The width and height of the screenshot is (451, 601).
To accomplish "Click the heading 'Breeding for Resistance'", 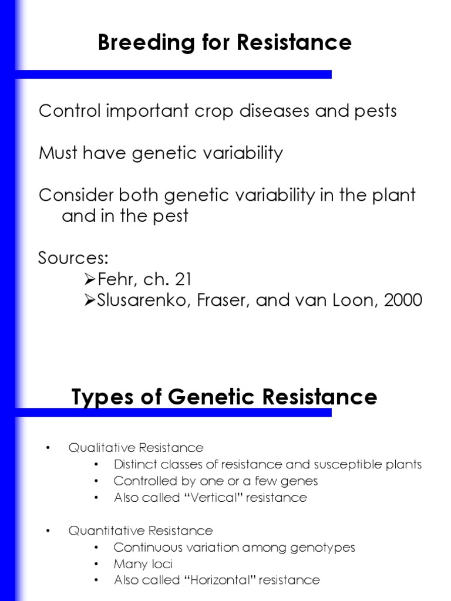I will pos(225,43).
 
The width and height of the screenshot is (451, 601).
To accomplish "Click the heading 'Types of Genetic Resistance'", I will pos(224,397).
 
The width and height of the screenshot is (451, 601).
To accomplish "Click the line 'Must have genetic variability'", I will pos(160,153).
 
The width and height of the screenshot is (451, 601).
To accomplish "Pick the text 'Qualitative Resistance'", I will pos(136,448).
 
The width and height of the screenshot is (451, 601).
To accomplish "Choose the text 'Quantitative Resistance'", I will pos(140,531).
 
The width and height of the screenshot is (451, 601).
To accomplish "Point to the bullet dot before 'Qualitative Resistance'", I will pos(49,449).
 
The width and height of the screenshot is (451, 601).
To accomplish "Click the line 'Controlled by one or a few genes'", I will pos(216,481).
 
